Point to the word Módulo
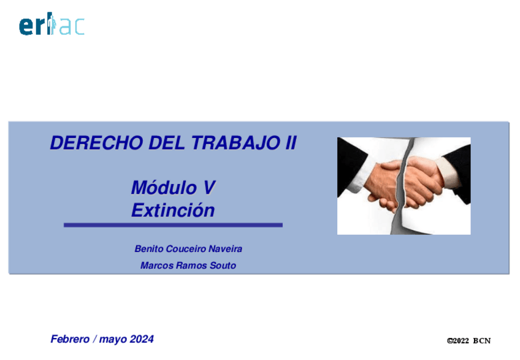(158, 186)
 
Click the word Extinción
(173, 210)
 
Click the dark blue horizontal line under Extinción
(173, 226)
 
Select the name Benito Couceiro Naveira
(188, 249)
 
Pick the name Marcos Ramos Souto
(188, 266)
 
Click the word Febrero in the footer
(71, 339)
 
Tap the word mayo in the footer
(114, 339)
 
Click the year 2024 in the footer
(142, 339)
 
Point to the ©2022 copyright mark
(457, 341)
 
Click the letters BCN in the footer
(483, 341)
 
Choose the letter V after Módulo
(209, 186)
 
